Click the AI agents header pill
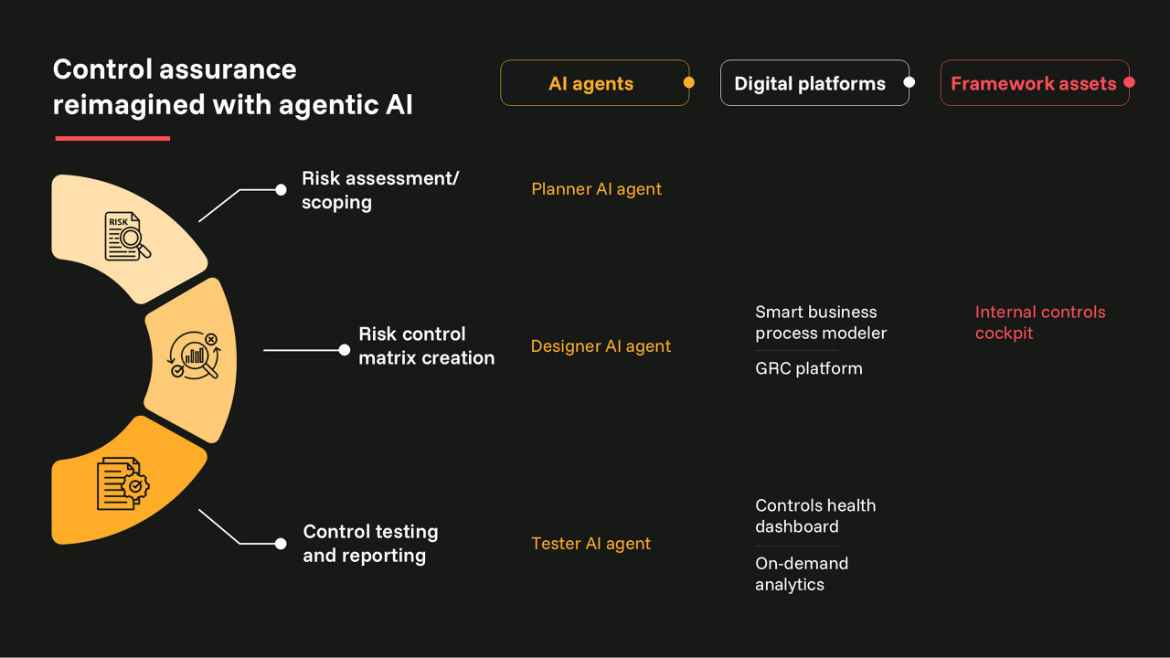pyautogui.click(x=594, y=83)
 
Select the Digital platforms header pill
pyautogui.click(x=814, y=83)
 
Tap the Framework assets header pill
pyautogui.click(x=1035, y=83)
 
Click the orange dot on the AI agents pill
pyautogui.click(x=689, y=82)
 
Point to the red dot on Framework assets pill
pyautogui.click(x=1129, y=82)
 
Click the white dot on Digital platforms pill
pyautogui.click(x=909, y=82)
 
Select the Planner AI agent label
pyautogui.click(x=596, y=189)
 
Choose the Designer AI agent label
pyautogui.click(x=601, y=346)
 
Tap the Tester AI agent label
pyautogui.click(x=590, y=544)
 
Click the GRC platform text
pyautogui.click(x=809, y=368)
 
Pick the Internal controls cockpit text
pyautogui.click(x=1040, y=323)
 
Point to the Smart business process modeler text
pyautogui.click(x=821, y=323)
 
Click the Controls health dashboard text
pyautogui.click(x=815, y=516)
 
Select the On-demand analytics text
pyautogui.click(x=802, y=574)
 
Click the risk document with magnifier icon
pyautogui.click(x=127, y=236)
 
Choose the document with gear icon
pyautogui.click(x=122, y=483)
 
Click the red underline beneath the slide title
pyautogui.click(x=112, y=138)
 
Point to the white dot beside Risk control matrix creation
pyautogui.click(x=345, y=350)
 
